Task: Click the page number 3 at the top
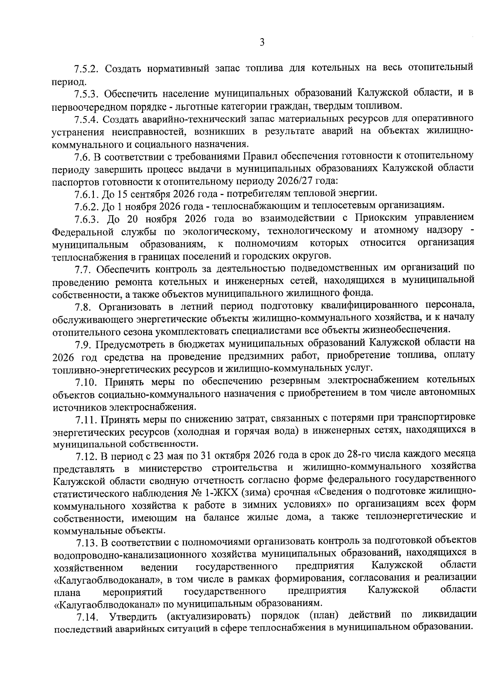click(x=262, y=42)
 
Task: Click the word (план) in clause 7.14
click(x=324, y=615)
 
